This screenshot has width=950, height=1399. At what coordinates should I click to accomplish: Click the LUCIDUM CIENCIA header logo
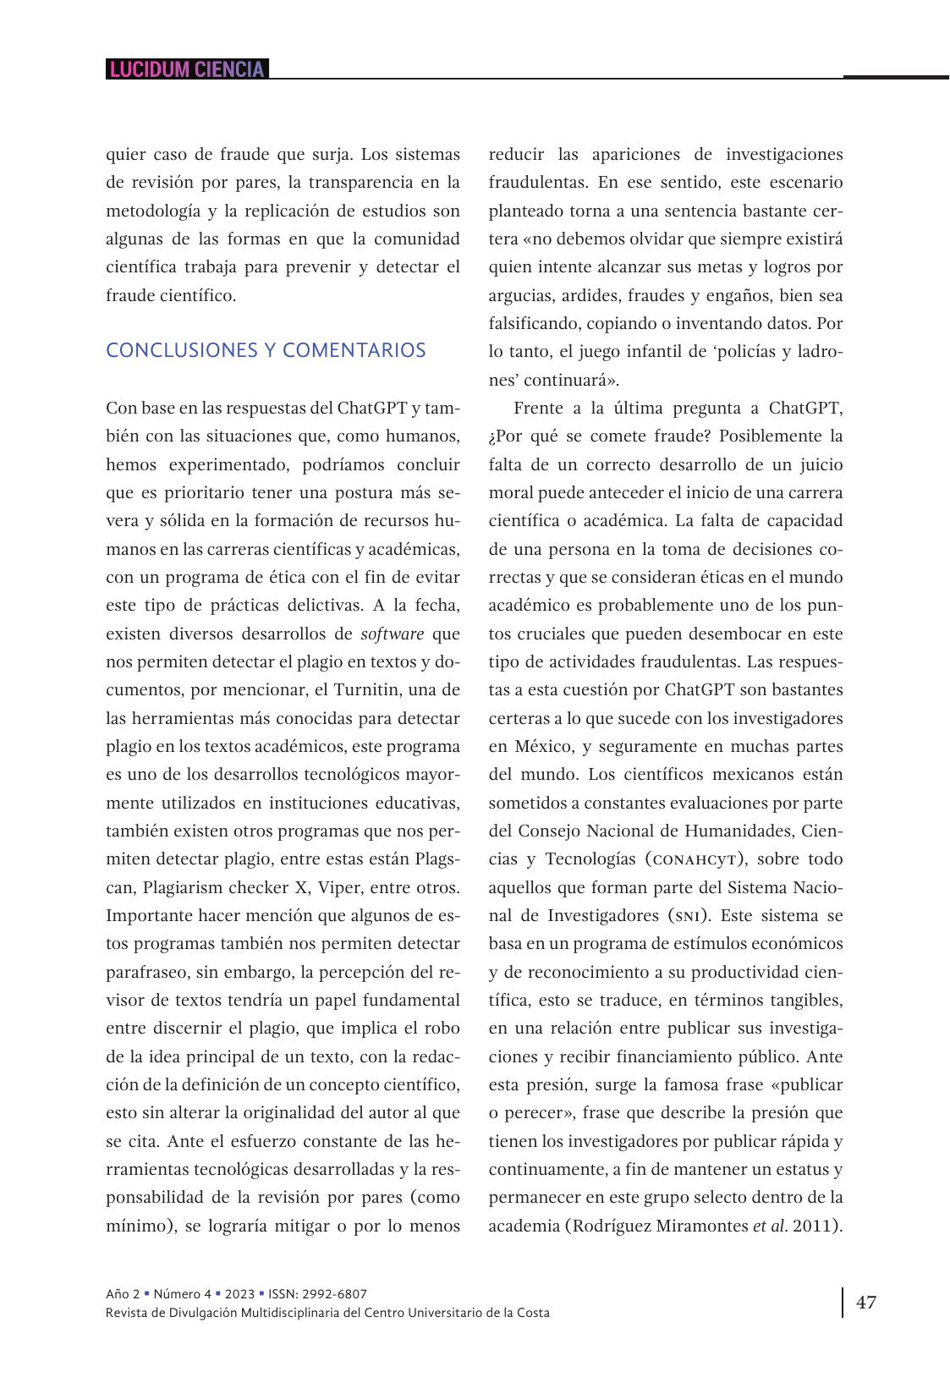(187, 69)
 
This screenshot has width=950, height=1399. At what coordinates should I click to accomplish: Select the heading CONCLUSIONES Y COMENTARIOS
(266, 350)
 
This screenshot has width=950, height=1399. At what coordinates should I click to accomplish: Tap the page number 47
(866, 1302)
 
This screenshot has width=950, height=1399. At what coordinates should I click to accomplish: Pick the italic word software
(393, 634)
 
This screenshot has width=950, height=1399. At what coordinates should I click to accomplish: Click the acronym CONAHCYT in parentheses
(694, 859)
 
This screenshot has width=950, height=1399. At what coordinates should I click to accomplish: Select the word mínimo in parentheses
(140, 1226)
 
